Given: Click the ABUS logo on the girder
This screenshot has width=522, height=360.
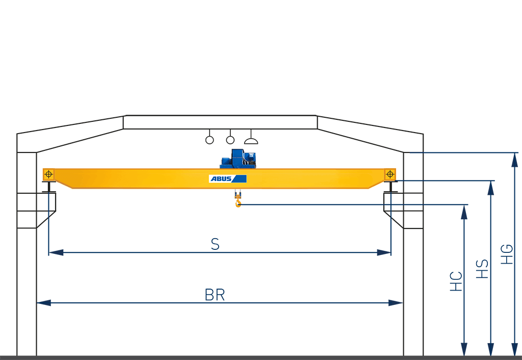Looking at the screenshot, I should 227,178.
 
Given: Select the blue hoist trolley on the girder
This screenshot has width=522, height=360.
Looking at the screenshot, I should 238,159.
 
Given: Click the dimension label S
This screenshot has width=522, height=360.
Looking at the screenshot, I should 215,244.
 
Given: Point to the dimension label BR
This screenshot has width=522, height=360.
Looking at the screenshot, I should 215,295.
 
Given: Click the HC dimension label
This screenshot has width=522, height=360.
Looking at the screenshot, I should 456,281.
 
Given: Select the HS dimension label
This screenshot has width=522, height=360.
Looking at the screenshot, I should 482,269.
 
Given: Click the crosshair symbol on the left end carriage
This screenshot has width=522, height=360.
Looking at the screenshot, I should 48,174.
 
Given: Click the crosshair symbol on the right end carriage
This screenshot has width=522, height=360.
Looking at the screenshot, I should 390,174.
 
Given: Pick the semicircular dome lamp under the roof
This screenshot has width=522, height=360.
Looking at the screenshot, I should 251,140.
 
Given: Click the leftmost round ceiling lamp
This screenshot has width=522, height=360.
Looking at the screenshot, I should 210,140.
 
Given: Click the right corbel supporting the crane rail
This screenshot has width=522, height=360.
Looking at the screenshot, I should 403,210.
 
